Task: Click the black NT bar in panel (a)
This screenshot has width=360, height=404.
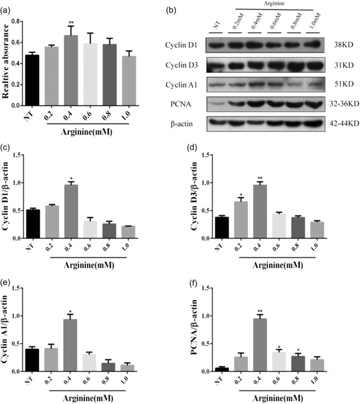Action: pos(39,79)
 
